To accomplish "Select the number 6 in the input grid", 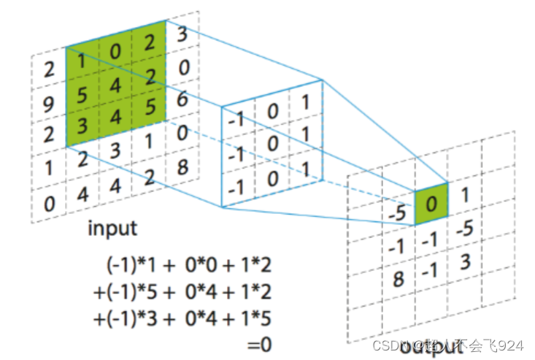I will coord(183,99).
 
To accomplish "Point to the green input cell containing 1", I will coord(82,64).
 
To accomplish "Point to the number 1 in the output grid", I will coord(465,196).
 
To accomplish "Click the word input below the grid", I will coord(112,228).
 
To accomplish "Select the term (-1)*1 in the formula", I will coord(131,266).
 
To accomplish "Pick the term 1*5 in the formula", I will coord(255,318).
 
